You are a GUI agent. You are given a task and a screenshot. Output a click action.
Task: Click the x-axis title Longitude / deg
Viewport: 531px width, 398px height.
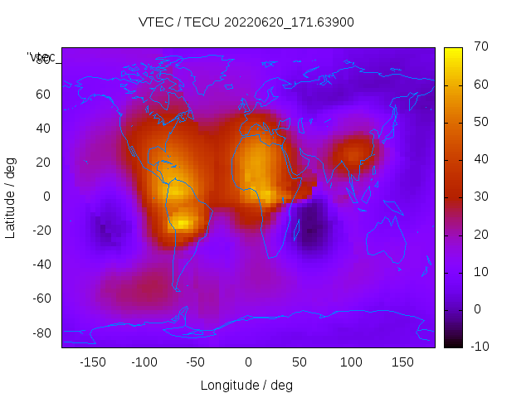pyautogui.click(x=246, y=385)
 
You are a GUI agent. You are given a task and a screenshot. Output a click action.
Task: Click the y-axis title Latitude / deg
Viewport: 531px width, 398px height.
pyautogui.click(x=11, y=197)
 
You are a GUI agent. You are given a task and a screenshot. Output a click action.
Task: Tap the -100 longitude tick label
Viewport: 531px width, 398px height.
pyautogui.click(x=144, y=362)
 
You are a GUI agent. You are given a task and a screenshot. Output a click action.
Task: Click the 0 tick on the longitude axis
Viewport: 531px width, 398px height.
pyautogui.click(x=247, y=362)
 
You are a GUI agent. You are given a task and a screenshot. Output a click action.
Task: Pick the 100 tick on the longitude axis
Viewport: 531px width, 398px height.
pyautogui.click(x=350, y=362)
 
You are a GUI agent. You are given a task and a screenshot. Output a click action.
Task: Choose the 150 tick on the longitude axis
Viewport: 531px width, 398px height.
pyautogui.click(x=402, y=362)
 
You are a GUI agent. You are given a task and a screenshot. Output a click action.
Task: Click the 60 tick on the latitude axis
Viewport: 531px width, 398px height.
pyautogui.click(x=43, y=95)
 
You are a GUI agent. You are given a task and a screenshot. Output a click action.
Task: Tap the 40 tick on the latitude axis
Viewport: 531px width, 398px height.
pyautogui.click(x=43, y=129)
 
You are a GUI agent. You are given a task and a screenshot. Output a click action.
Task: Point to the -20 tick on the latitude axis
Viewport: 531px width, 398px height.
pyautogui.click(x=41, y=231)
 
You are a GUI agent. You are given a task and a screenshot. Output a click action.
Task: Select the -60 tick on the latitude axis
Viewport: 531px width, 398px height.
pyautogui.click(x=41, y=298)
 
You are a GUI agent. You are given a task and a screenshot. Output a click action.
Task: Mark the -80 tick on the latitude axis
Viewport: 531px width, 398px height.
pyautogui.click(x=41, y=332)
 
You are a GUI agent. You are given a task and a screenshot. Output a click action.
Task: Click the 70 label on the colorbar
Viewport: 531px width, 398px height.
pyautogui.click(x=480, y=47)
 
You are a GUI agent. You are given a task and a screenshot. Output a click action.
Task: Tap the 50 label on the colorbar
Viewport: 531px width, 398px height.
pyautogui.click(x=480, y=123)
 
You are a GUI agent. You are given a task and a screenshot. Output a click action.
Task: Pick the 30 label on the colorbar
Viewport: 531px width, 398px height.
pyautogui.click(x=480, y=197)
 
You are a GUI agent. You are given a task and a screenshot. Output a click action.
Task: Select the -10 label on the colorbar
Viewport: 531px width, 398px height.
pyautogui.click(x=478, y=347)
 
